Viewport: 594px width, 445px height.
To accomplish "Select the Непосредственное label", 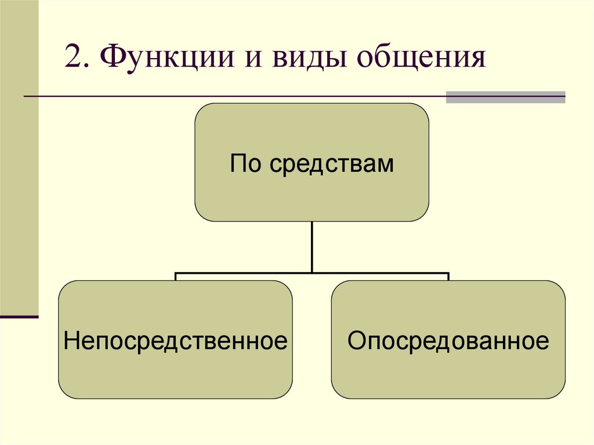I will (176, 341).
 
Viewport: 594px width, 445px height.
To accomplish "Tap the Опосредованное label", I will (448, 341).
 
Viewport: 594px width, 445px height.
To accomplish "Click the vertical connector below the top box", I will (312, 246).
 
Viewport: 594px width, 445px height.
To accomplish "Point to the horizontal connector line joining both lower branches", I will (312, 272).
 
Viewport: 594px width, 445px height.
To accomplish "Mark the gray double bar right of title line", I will (505, 97).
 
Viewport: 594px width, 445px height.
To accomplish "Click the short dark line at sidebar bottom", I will (19, 317).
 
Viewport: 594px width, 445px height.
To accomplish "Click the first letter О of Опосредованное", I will (355, 341).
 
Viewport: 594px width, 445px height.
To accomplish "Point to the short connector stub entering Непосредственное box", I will (176, 277).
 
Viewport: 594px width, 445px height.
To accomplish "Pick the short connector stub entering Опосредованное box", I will (448, 277).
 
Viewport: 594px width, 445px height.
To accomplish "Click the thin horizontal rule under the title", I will (232, 96).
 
